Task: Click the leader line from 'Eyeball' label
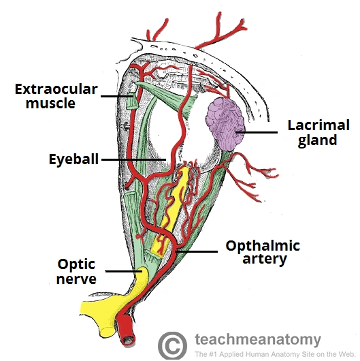click(x=133, y=159)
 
